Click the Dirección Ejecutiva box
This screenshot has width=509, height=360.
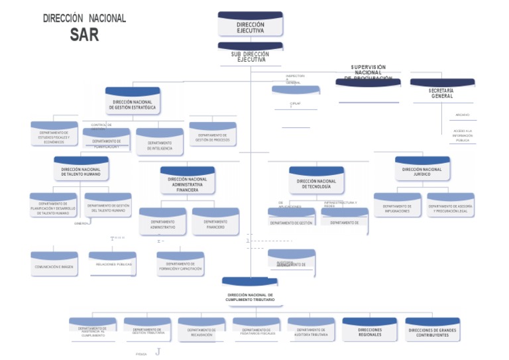tap(250, 25)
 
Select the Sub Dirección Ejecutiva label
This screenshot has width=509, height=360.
tap(251, 56)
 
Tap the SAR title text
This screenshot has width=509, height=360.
tap(84, 35)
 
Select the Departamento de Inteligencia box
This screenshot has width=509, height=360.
tap(160, 143)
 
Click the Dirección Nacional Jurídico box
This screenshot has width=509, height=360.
tap(422, 170)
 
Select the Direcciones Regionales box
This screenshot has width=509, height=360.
tap(369, 330)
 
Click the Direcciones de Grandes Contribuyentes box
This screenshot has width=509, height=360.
tap(433, 330)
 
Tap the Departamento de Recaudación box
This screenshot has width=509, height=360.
tap(201, 330)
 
